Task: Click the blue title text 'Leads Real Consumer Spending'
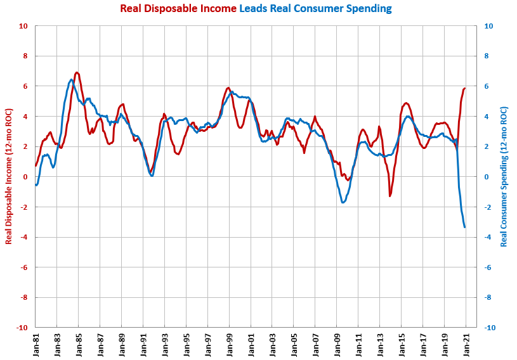coord(315,8)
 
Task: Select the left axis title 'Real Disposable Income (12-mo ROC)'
coord(9,177)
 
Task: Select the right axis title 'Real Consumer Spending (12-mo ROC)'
coord(504,177)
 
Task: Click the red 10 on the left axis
coord(23,26)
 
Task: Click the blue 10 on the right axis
coord(488,26)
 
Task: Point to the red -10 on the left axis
coord(22,328)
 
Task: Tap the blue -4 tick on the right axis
coord(487,237)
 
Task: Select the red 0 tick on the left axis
coord(25,177)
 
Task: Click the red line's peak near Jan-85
coord(77,73)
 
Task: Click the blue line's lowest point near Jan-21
coord(465,227)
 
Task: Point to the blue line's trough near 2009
coord(343,202)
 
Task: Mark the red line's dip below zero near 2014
coord(390,195)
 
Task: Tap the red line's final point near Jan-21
coord(465,89)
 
